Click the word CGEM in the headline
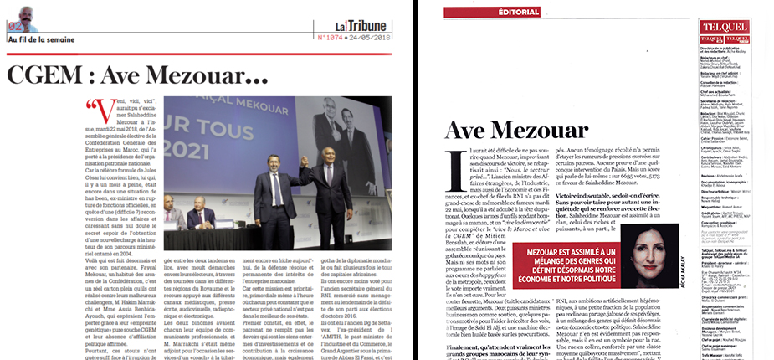(50, 76)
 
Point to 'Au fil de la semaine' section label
(41, 39)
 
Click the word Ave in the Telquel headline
(473, 131)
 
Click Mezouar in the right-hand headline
(551, 131)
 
